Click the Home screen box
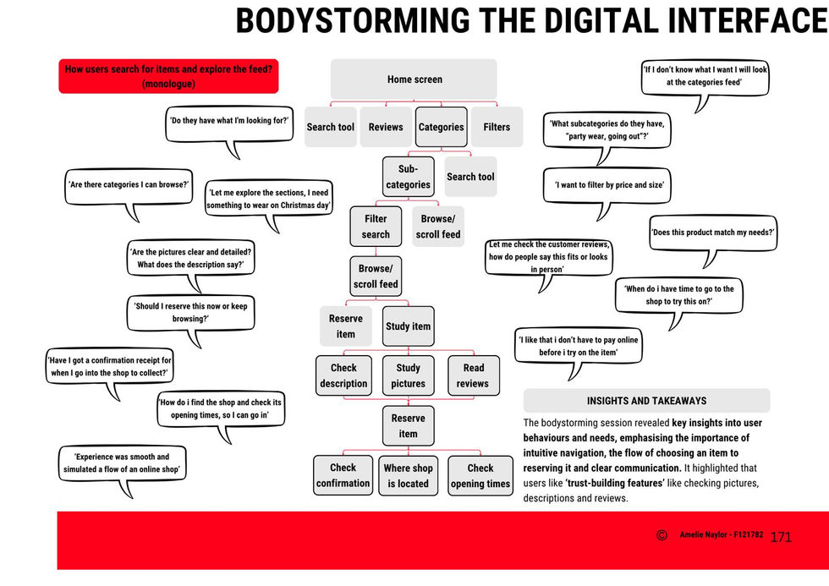pos(414,79)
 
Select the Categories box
pos(442,127)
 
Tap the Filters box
pos(497,127)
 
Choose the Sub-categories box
pos(408,177)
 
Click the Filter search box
pos(376,226)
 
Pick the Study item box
pos(408,326)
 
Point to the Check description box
pos(343,375)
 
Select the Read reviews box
pos(473,375)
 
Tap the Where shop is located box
pos(408,475)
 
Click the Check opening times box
pos(480,475)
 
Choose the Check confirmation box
pos(343,475)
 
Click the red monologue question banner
pos(168,76)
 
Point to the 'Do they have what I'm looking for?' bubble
pos(229,124)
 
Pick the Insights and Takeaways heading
pos(646,401)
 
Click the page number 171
pos(781,538)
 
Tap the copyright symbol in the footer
pos(662,535)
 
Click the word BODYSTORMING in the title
pos(352,20)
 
